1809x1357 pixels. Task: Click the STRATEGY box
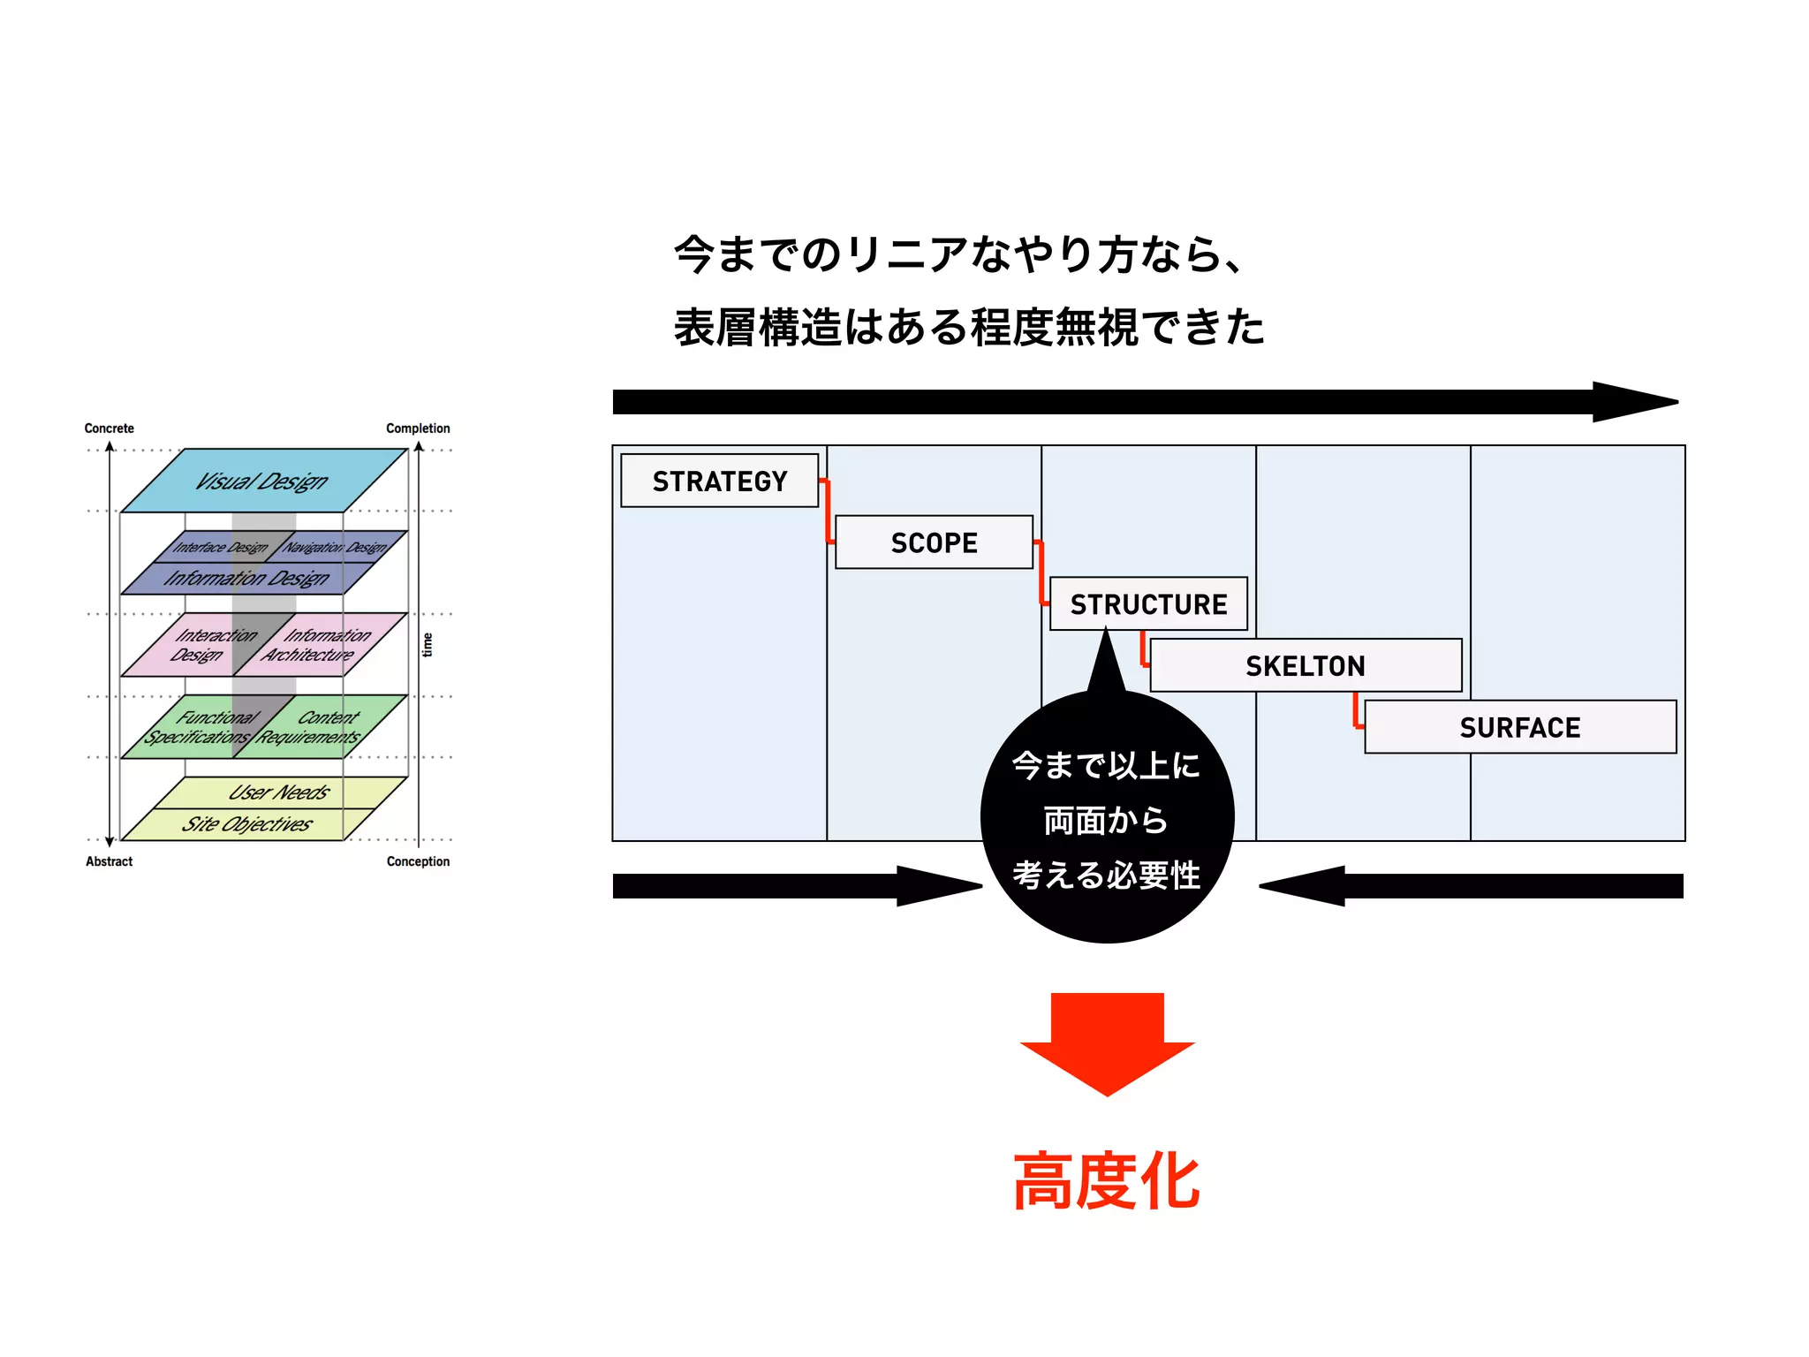pos(719,481)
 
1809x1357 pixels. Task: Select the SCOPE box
pos(934,542)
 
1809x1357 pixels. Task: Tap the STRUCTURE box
pos(1148,604)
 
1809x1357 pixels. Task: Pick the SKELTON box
pos(1305,665)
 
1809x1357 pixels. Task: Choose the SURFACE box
pos(1519,727)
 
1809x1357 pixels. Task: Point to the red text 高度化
pos(1107,1181)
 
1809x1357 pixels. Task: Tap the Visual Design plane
pos(262,481)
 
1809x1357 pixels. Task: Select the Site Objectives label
pos(247,824)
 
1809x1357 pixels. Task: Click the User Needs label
pos(279,792)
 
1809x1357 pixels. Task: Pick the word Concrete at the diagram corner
pos(109,428)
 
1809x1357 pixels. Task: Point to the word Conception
pos(418,861)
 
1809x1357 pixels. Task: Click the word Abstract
pos(109,861)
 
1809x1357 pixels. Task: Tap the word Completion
pos(418,428)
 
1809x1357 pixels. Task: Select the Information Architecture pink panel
pos(318,645)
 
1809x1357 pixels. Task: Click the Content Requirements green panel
pos(318,727)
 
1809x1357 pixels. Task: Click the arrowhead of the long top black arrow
pos(1634,402)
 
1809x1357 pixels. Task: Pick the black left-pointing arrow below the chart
pos(1471,886)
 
